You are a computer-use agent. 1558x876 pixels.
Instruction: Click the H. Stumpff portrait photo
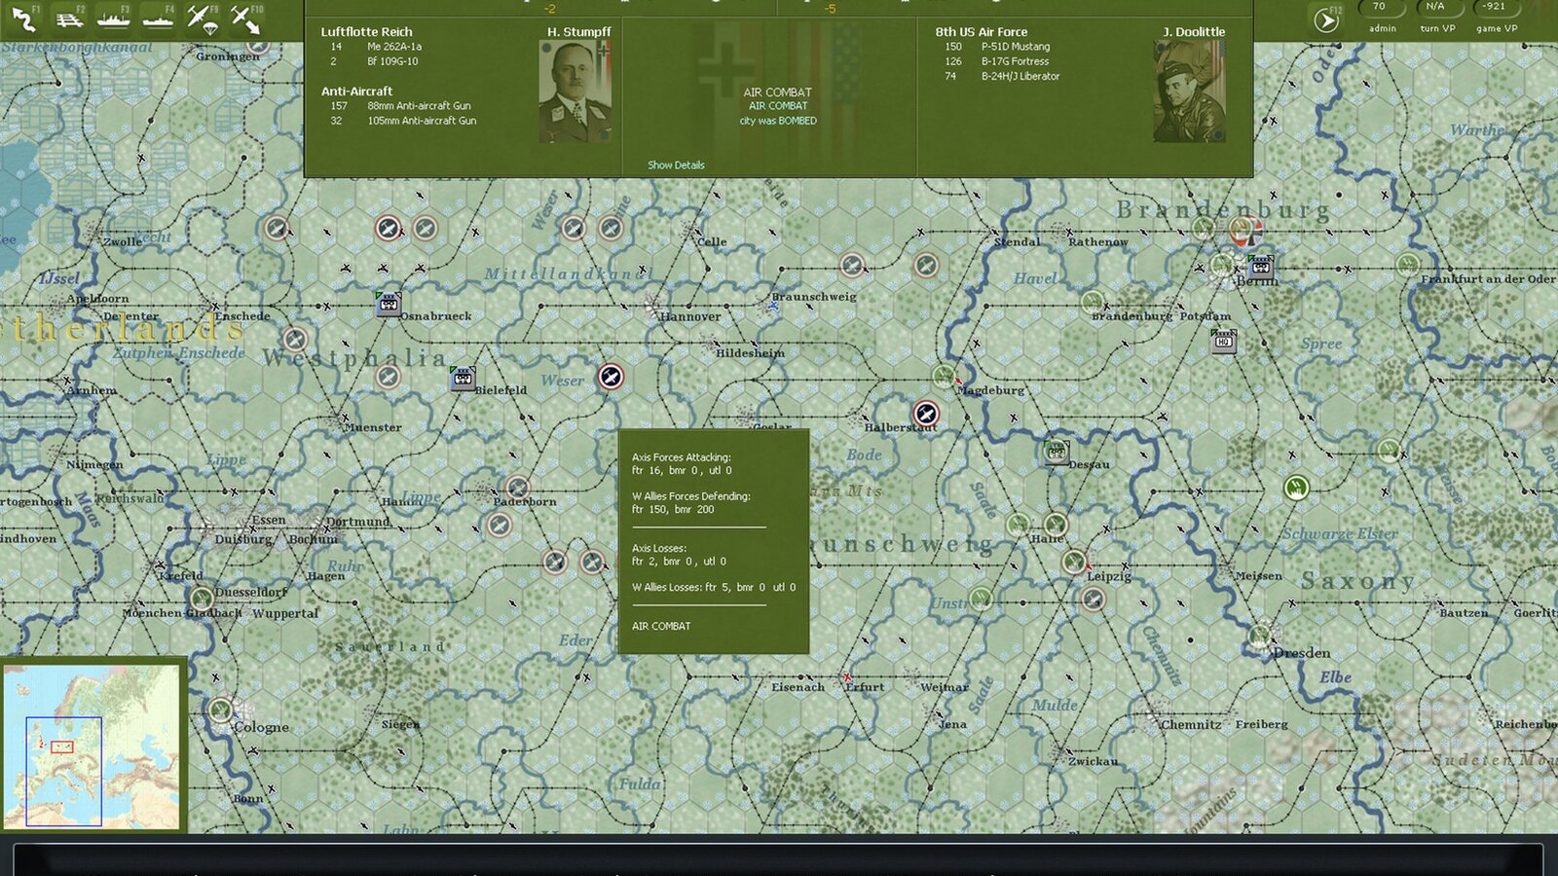coord(575,91)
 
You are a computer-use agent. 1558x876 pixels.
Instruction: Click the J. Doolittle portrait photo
coord(1189,91)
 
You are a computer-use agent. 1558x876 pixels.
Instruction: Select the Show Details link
coord(676,165)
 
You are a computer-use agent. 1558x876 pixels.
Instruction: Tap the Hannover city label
coord(690,316)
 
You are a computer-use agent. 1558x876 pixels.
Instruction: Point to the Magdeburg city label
coord(990,390)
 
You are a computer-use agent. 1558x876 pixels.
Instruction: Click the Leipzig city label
coord(1109,576)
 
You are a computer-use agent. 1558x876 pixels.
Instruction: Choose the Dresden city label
coord(1302,652)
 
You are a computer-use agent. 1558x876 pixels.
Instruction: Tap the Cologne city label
coord(261,727)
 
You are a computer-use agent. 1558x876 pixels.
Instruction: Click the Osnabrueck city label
coord(436,316)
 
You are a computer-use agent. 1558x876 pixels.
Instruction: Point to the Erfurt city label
coord(865,687)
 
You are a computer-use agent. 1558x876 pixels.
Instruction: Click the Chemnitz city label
coord(1191,725)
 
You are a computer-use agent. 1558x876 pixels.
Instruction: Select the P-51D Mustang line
coord(1016,47)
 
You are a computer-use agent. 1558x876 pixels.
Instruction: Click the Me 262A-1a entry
coord(394,47)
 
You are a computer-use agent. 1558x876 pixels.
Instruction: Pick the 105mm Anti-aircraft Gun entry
coord(422,121)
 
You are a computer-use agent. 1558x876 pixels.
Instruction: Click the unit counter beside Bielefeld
coord(463,378)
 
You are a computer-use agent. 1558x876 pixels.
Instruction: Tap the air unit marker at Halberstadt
coord(926,414)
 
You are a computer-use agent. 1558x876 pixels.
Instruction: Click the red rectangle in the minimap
coord(61,747)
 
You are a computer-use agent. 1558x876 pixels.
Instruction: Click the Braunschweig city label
coord(814,297)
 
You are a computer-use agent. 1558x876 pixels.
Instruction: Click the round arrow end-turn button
coord(1326,20)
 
